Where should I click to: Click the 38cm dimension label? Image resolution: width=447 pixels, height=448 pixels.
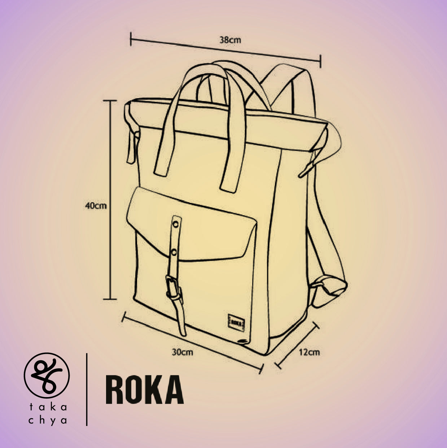[x=230, y=40]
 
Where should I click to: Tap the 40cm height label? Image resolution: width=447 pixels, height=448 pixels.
[x=96, y=206]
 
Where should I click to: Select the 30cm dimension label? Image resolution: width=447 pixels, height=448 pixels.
[x=183, y=352]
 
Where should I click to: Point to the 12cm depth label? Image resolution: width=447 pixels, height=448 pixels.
[x=310, y=352]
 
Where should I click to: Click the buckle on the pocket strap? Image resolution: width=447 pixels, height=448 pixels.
[x=174, y=287]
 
